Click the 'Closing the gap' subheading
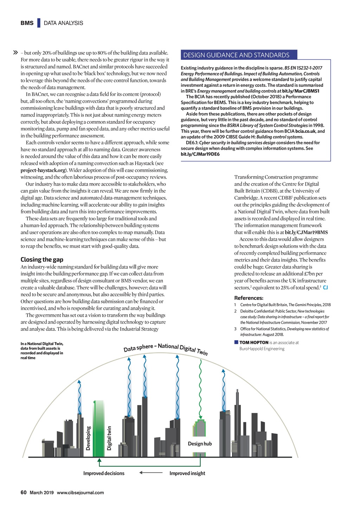pos(42,260)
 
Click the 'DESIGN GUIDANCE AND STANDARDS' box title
pos(236,55)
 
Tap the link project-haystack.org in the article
pos(43,170)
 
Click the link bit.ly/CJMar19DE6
pos(200,154)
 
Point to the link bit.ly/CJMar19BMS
pos(306,232)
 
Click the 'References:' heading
pos(249,298)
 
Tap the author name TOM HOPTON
pos(254,342)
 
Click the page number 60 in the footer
pos(24,492)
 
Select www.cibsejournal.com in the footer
pos(80,492)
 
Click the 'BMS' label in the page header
pos(27,23)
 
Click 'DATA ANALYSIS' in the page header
pos(64,23)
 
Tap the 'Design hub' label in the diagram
pos(200,444)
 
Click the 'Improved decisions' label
pos(104,473)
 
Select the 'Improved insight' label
pos(187,473)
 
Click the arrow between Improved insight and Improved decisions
pos(151,473)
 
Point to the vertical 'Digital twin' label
pos(109,438)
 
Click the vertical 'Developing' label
pos(88,438)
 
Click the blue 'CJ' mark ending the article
pos(325,288)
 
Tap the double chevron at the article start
pos(15,53)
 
